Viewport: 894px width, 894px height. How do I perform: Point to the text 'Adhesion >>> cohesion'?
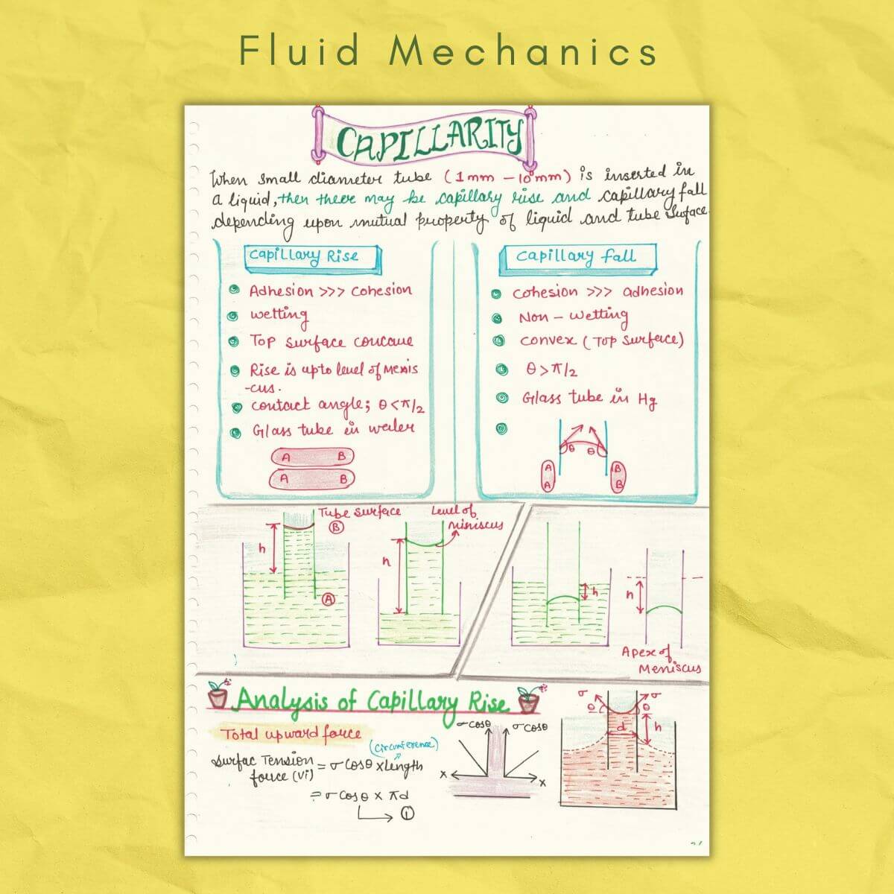point(330,291)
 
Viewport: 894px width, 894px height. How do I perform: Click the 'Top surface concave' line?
point(331,342)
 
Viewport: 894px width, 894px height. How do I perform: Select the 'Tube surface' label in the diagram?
point(360,512)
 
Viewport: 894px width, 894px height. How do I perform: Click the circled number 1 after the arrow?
point(407,814)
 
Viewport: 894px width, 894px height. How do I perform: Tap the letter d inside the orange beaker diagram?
point(621,725)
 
